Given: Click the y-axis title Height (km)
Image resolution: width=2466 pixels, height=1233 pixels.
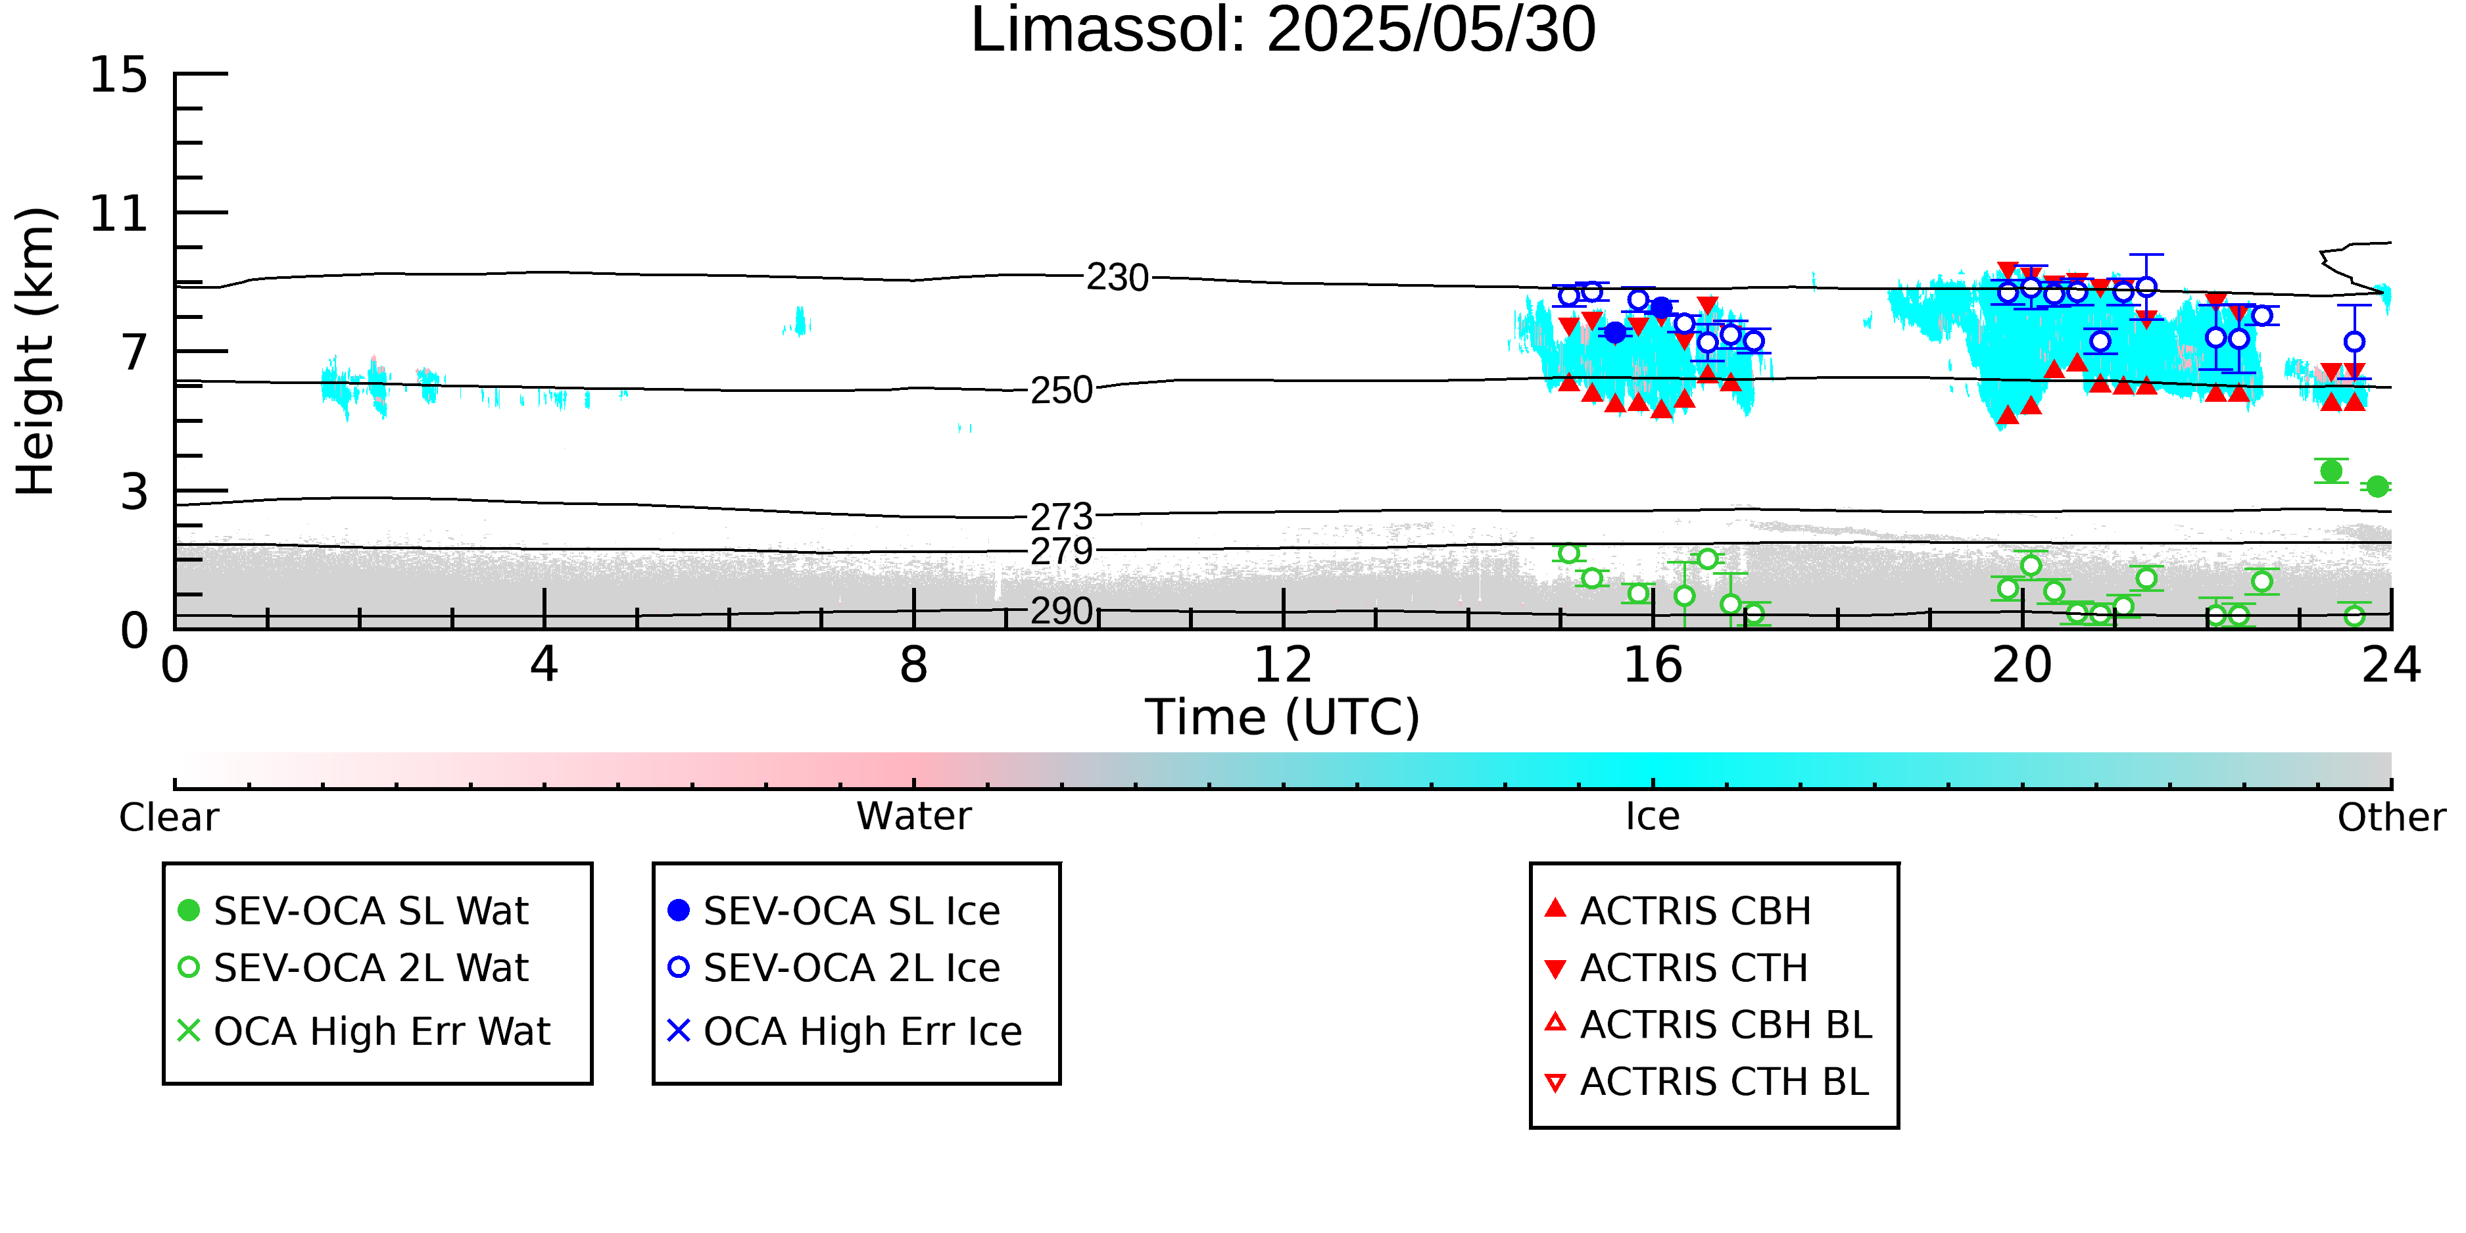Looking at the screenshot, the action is tap(36, 351).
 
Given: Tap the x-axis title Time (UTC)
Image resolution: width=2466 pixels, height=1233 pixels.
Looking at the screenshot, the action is tap(1283, 717).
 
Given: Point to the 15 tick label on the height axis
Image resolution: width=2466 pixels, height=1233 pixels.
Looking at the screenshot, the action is tap(119, 75).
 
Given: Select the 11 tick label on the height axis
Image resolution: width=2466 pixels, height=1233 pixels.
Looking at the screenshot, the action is tap(119, 214).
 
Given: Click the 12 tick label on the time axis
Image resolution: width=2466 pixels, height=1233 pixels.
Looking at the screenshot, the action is tap(1283, 665).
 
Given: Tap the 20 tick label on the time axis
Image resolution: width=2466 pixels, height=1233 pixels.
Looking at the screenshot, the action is tap(2022, 665).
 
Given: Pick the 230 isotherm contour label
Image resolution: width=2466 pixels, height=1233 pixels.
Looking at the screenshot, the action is tap(1117, 278).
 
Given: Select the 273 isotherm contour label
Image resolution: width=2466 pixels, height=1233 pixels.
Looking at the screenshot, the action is tap(1061, 517).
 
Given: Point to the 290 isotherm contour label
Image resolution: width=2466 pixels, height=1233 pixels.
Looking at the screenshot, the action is tap(1061, 611).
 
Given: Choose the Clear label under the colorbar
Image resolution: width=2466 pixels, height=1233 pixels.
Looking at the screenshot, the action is tap(168, 817).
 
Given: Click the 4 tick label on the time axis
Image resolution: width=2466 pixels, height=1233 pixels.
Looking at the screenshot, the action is tap(544, 665).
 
